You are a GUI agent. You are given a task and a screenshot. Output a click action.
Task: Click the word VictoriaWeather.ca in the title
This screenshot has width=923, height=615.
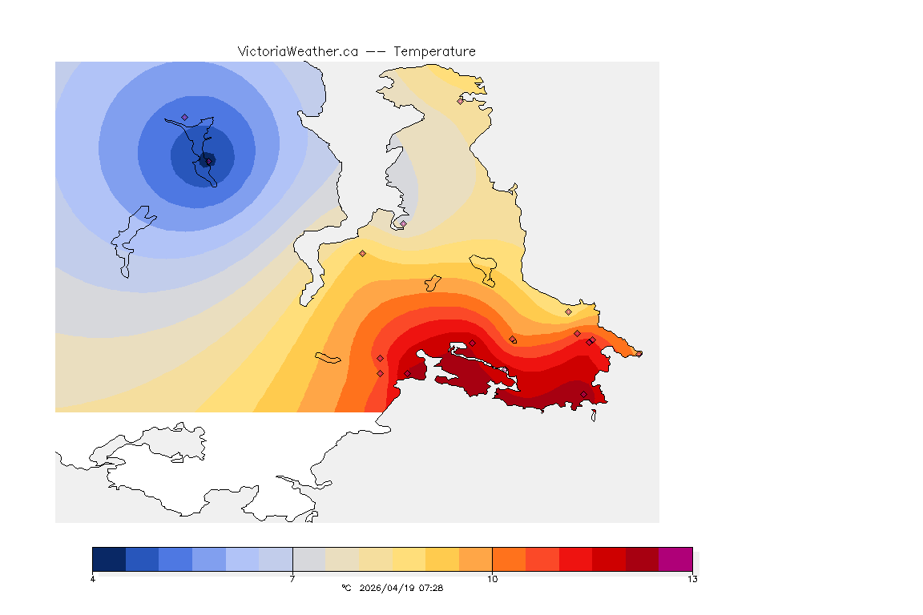point(297,51)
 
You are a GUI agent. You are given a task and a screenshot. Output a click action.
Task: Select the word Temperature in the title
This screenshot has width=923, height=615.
point(434,51)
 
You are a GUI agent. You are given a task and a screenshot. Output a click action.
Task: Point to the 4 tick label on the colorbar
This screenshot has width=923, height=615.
point(93,579)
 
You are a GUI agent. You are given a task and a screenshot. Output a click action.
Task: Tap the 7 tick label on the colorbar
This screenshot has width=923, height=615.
point(292,579)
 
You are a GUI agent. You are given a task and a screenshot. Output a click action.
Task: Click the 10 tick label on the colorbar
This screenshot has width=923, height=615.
point(492,579)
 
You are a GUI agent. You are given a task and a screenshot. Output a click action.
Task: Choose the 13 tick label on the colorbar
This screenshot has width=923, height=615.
point(691,579)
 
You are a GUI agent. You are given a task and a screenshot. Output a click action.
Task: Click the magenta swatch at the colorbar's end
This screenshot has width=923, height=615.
point(675,558)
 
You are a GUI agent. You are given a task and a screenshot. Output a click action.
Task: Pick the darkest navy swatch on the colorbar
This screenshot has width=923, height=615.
point(109,558)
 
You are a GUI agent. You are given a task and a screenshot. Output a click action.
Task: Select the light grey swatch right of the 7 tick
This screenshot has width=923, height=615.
point(309,558)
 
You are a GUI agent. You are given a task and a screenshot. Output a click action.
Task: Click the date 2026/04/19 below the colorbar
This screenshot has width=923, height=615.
point(389,588)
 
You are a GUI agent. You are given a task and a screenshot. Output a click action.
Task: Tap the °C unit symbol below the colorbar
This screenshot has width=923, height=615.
point(346,588)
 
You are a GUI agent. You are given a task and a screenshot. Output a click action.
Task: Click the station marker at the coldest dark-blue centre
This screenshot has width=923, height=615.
point(208,161)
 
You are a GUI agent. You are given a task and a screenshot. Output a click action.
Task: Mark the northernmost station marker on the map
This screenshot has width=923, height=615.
point(461,101)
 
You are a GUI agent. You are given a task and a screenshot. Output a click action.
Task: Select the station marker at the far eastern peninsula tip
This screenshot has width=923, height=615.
point(639,353)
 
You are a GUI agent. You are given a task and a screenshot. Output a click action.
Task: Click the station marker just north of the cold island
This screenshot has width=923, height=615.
point(184,117)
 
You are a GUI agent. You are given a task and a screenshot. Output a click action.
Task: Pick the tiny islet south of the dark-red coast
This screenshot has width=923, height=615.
point(594,415)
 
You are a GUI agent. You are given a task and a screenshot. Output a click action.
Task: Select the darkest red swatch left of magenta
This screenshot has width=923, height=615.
point(642,558)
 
